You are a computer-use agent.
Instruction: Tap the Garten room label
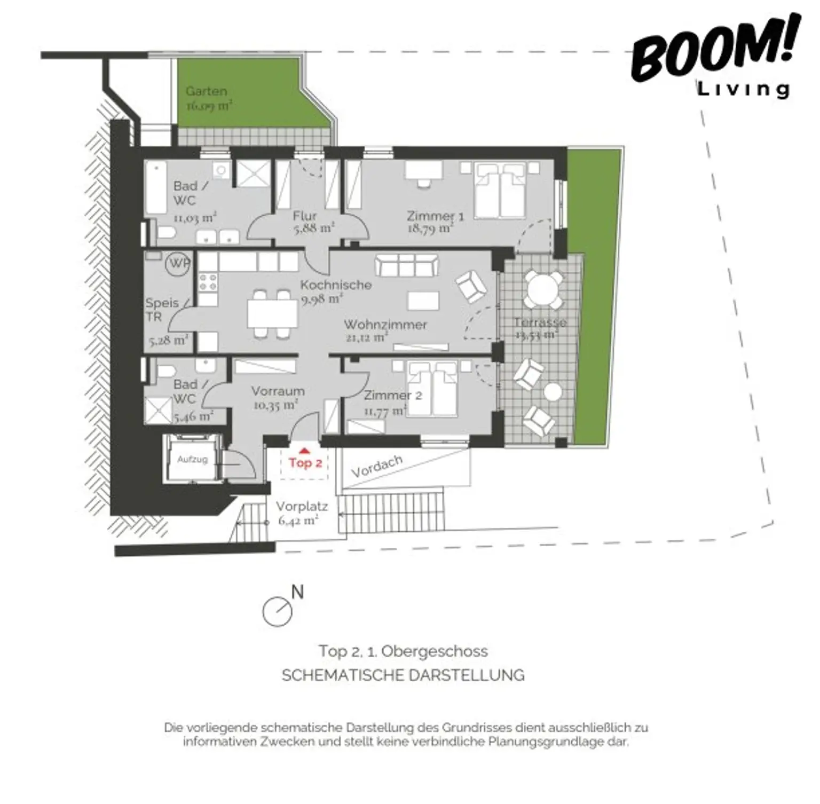[207, 91]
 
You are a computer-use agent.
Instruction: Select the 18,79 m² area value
[430, 229]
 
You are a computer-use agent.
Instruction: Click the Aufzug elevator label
[192, 459]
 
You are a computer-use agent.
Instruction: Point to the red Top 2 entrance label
[305, 462]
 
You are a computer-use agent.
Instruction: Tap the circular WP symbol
[178, 264]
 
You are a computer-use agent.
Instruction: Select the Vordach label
[377, 467]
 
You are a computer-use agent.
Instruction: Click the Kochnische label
[336, 285]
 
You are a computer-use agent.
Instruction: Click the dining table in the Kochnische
[272, 314]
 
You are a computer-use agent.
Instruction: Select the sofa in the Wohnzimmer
[407, 265]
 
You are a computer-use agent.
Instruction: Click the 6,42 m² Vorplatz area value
[298, 521]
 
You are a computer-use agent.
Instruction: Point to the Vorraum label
[278, 391]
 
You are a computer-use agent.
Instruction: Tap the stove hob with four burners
[208, 281]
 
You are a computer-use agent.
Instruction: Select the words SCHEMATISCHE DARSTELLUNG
[403, 675]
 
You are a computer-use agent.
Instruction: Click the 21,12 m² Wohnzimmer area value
[367, 337]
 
